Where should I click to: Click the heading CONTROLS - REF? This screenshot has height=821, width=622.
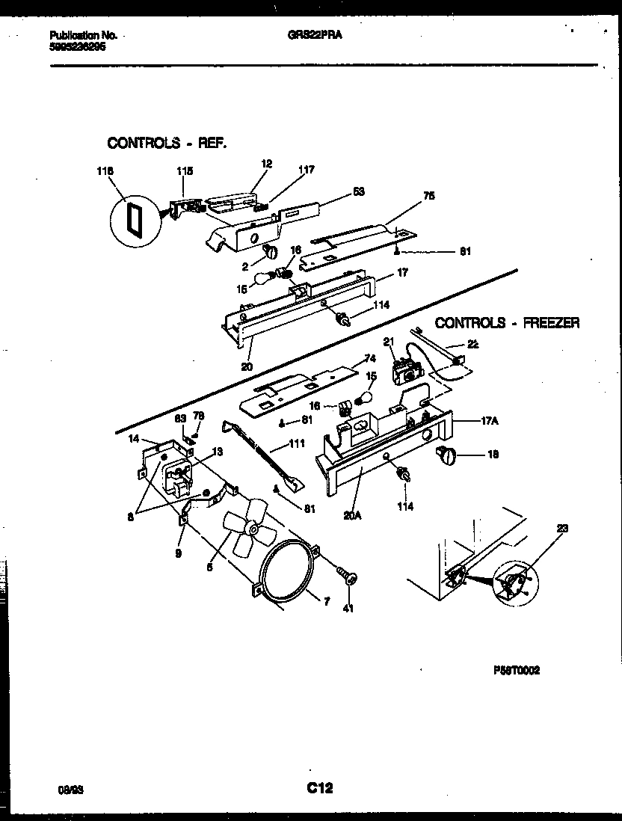pos(166,143)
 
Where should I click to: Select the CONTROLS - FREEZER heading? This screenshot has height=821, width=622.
pos(507,323)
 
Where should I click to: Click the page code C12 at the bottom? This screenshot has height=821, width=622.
pos(319,787)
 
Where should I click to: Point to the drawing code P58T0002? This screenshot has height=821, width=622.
pos(517,671)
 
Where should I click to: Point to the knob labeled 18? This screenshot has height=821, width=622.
pos(449,453)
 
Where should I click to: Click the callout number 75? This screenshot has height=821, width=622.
pos(428,197)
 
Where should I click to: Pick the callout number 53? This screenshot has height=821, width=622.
pos(358,192)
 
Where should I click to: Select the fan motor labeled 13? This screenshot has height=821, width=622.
pos(178,479)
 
